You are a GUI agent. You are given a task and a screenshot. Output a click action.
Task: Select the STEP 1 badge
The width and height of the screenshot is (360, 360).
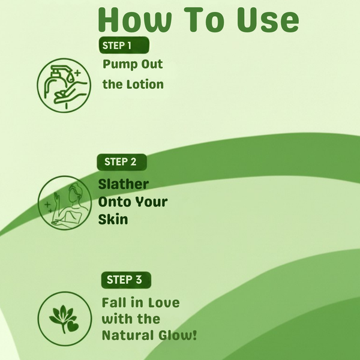tap(124, 46)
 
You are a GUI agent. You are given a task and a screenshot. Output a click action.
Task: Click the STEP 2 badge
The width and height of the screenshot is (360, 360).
tap(121, 161)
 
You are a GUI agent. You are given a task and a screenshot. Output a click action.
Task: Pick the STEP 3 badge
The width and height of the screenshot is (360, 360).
tap(125, 280)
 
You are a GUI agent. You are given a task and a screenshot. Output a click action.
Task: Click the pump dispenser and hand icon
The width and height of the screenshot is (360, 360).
tap(64, 84)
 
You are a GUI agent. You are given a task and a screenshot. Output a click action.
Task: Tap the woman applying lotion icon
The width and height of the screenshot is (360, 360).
tap(64, 202)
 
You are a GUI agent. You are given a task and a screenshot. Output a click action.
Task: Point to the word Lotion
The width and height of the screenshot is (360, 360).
tap(144, 85)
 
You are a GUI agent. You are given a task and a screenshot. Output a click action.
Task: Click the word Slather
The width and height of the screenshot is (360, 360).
tap(124, 184)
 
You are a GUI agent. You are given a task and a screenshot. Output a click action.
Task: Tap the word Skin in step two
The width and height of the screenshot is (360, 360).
tap(113, 220)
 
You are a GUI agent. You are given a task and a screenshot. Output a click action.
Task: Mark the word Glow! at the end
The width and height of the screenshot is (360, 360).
tap(176, 335)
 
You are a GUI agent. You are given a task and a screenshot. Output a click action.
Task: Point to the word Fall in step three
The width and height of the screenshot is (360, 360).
tap(113, 302)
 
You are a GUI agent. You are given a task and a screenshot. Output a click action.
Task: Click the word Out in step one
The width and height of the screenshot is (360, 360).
tap(151, 65)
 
